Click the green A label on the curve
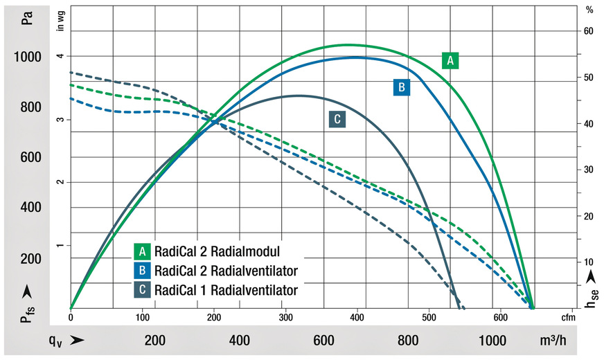coord(450,61)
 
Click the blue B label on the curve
coord(401,87)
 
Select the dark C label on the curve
coord(337,119)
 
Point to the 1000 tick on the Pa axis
coord(27,57)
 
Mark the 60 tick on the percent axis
coord(588,31)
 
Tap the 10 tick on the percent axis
coord(588,262)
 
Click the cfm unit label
coord(568,317)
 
